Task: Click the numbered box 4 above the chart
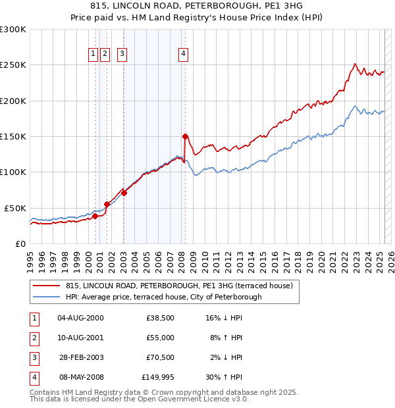[183, 55]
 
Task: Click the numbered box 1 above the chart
[93, 55]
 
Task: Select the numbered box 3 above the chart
[122, 55]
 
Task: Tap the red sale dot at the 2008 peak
[185, 136]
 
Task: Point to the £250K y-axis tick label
[13, 65]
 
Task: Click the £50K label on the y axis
[16, 208]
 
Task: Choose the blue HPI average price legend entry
[163, 297]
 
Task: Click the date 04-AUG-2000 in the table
[81, 318]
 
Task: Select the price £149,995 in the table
[158, 378]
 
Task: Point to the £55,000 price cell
[160, 338]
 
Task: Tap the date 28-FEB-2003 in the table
[81, 358]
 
